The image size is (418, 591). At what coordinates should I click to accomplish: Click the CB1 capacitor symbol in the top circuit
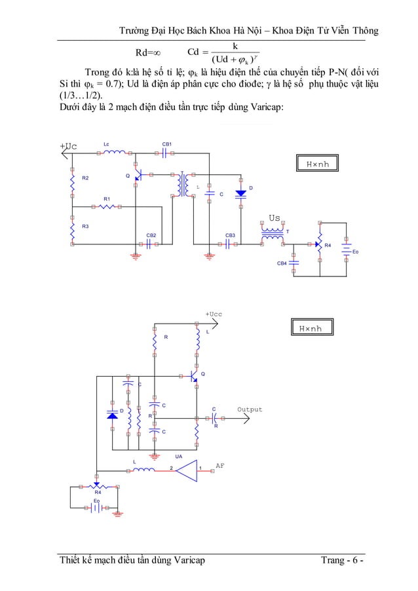point(164,153)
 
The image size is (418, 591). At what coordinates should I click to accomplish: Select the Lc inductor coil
point(114,152)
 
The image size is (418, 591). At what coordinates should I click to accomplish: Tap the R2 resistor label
point(85,178)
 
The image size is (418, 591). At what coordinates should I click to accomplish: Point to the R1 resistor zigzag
point(107,206)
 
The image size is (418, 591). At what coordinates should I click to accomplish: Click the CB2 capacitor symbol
point(149,244)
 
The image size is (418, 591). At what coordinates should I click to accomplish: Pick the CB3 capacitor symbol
point(227,244)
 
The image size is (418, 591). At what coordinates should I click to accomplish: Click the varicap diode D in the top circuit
point(240,194)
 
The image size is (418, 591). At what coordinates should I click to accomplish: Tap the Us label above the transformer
point(275,218)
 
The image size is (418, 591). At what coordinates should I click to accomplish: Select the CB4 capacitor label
point(282,263)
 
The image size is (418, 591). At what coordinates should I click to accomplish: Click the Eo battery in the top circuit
point(346,250)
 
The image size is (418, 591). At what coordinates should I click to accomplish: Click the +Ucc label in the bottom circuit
point(214,314)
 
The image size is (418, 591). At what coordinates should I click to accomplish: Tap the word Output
point(250,410)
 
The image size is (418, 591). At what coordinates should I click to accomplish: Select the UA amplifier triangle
point(186,470)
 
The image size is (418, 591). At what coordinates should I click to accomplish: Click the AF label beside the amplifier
point(219,466)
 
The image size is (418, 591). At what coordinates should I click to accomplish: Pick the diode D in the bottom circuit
point(112,415)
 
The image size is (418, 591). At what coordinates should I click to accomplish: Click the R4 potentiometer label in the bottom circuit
point(98,492)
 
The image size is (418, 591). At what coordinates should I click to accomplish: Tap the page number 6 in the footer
point(355,560)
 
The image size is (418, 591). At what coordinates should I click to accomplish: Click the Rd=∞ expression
point(148,52)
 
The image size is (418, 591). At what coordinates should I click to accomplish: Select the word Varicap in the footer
point(189,560)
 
